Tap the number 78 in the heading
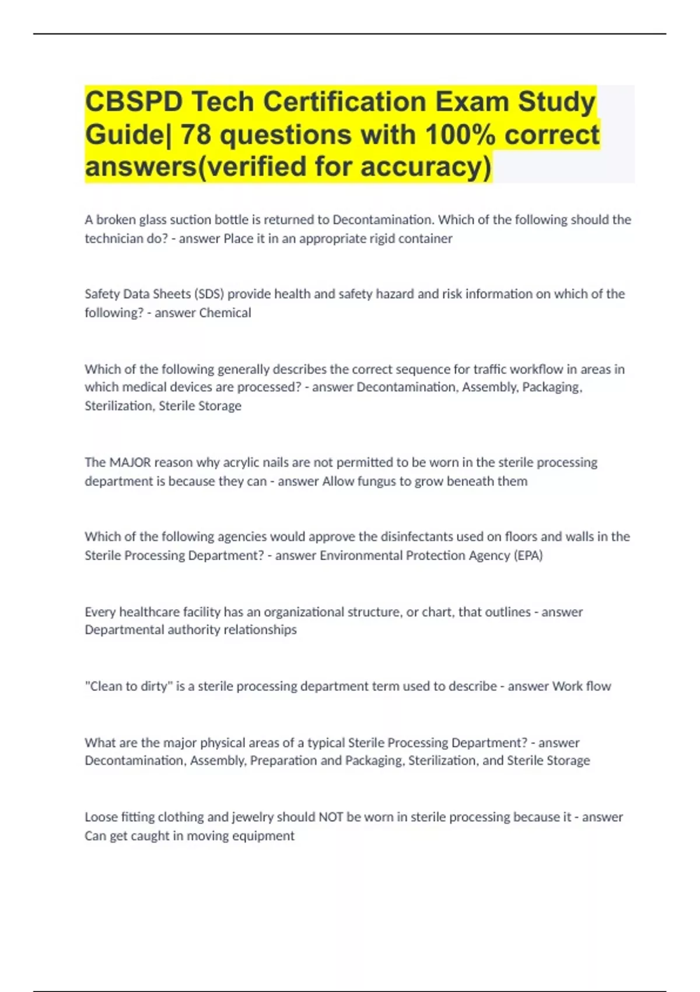coord(196,135)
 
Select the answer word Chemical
coord(225,313)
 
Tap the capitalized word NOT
coord(330,817)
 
